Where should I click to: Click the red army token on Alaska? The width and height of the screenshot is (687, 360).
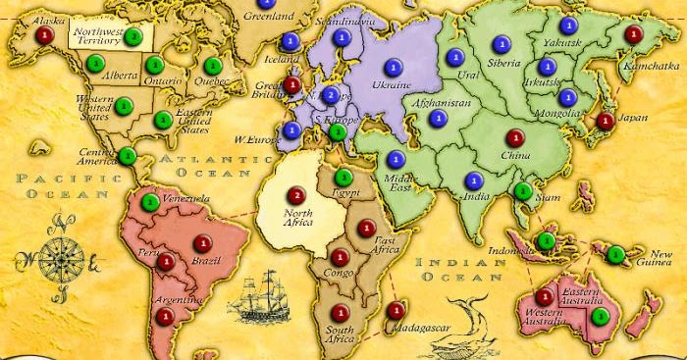[x=42, y=34]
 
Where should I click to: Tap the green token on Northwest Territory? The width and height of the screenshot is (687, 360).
[x=133, y=36]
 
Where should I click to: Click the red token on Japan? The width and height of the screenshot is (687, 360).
[x=606, y=123]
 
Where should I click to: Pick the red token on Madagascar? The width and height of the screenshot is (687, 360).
[x=395, y=311]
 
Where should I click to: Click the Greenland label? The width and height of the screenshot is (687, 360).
[x=269, y=17]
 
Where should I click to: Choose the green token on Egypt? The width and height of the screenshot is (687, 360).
[x=343, y=178]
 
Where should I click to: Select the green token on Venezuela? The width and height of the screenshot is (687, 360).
[x=150, y=202]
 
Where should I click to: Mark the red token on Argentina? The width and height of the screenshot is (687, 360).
[x=164, y=316]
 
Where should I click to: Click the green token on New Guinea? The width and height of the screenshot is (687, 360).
[x=615, y=255]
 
